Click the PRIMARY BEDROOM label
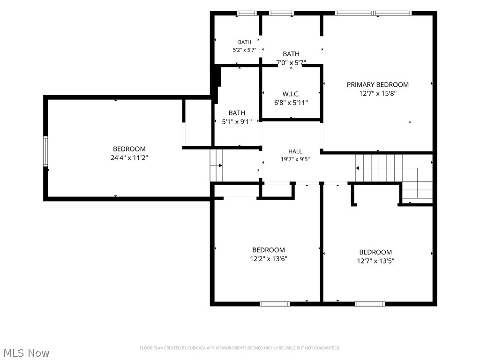point(377,84)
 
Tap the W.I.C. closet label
point(291,94)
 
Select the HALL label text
point(295,151)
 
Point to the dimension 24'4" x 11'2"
point(129,158)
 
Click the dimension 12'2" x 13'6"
point(269,259)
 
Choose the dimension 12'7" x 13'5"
point(375,261)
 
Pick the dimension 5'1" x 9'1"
point(237,122)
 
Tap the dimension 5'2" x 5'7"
point(244,50)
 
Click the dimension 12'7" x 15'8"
point(377,94)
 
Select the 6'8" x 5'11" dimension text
point(291,103)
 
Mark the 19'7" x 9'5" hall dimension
point(295,159)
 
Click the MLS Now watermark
point(26,353)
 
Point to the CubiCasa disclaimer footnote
point(240,348)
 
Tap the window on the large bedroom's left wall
point(45,151)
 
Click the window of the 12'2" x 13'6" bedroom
point(275,304)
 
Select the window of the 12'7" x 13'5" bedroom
point(370,304)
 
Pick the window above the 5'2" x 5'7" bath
point(247,13)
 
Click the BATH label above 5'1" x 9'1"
point(237,113)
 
